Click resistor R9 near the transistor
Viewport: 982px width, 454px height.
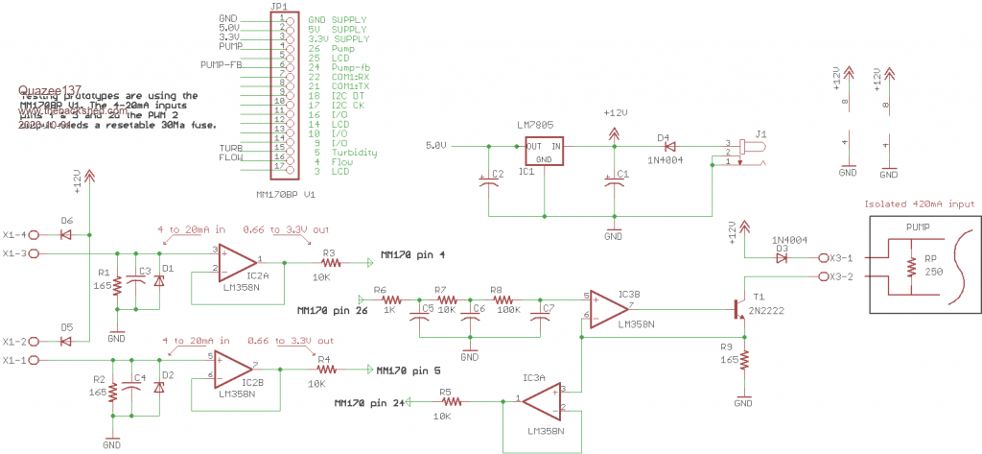pos(743,360)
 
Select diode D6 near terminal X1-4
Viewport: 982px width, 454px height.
pos(66,234)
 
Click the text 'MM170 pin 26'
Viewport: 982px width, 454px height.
pos(325,312)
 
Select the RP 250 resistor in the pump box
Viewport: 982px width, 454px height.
pos(908,265)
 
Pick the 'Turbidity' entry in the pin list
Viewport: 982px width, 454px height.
pos(355,153)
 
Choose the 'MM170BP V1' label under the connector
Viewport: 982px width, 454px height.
pos(287,194)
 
